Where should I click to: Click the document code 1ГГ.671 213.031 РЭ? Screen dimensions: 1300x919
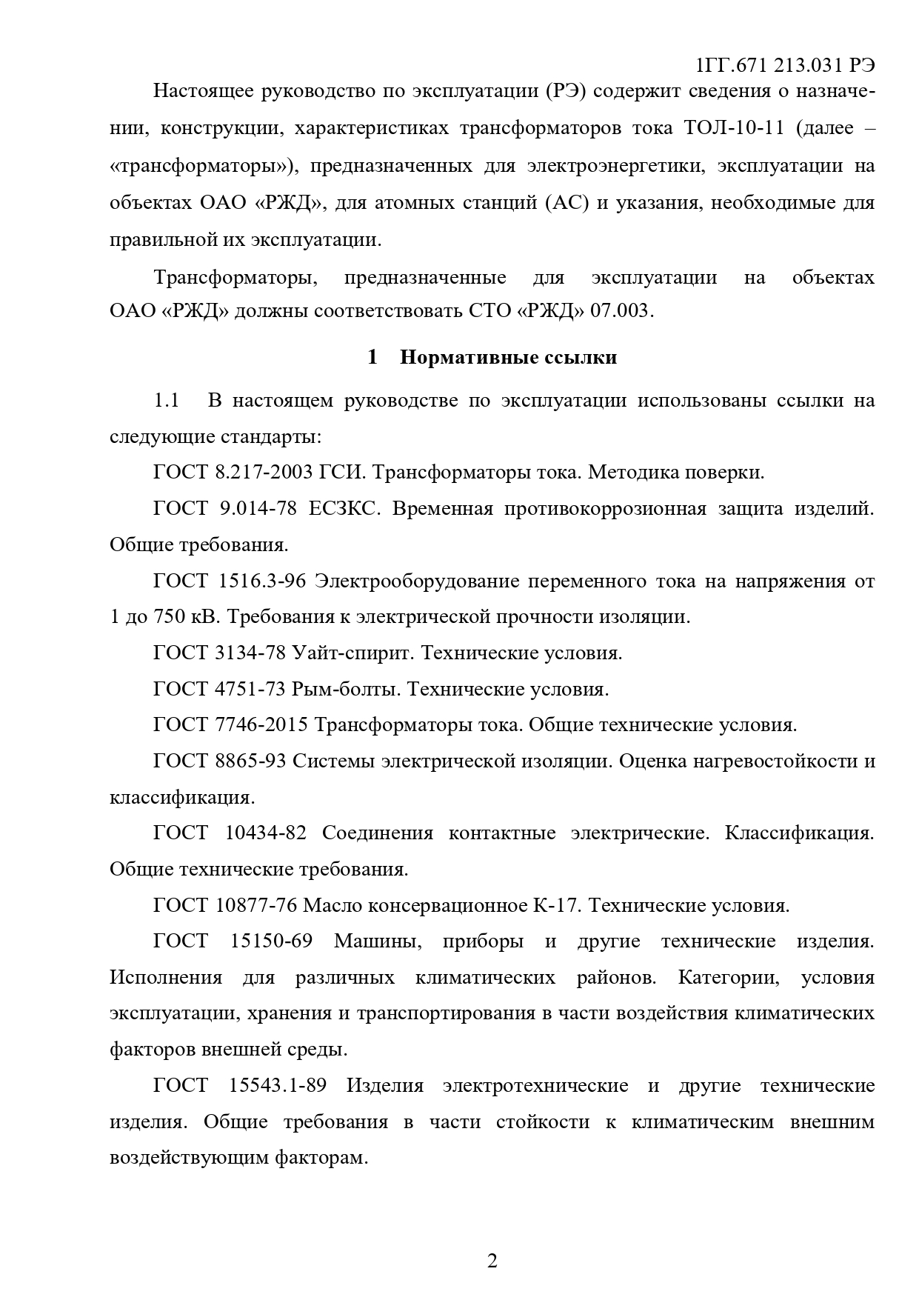786,65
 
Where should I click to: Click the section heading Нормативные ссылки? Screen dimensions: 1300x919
508,358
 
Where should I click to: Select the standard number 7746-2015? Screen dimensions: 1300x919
262,724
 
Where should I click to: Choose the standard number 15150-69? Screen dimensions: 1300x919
271,941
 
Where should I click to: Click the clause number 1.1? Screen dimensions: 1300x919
167,401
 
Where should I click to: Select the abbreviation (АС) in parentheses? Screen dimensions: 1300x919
566,202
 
